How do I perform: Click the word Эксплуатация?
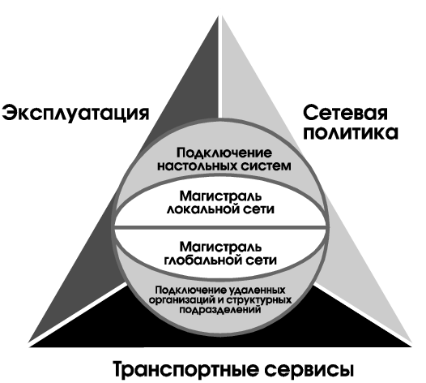coord(75,114)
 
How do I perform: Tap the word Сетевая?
coord(345,113)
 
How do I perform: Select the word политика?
coord(351,133)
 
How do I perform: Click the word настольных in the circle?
coord(194,166)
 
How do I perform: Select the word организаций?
coord(183,300)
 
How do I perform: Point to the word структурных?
coord(258,300)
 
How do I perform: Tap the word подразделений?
coord(220,310)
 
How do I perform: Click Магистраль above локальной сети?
coord(220,196)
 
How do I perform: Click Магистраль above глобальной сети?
coord(220,247)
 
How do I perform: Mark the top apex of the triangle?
coord(220,15)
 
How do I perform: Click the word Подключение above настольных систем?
coord(224,153)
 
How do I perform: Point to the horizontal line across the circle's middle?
coord(220,226)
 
